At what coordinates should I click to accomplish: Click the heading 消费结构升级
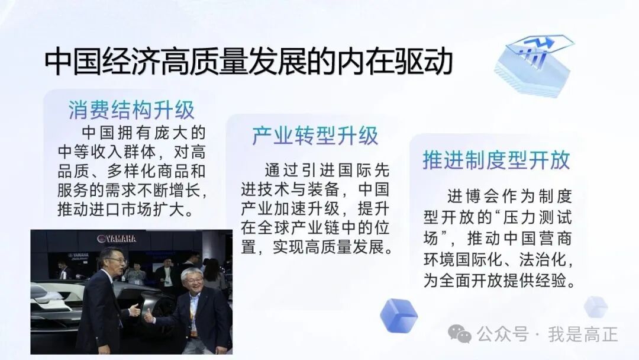point(131,110)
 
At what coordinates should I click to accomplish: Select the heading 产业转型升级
point(315,136)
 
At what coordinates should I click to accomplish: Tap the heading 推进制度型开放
point(496,160)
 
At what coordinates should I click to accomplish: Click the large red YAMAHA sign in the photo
point(117,239)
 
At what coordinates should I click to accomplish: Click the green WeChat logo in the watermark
point(460,334)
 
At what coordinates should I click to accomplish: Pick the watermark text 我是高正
point(582,335)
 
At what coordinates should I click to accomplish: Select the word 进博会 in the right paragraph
point(470,196)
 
